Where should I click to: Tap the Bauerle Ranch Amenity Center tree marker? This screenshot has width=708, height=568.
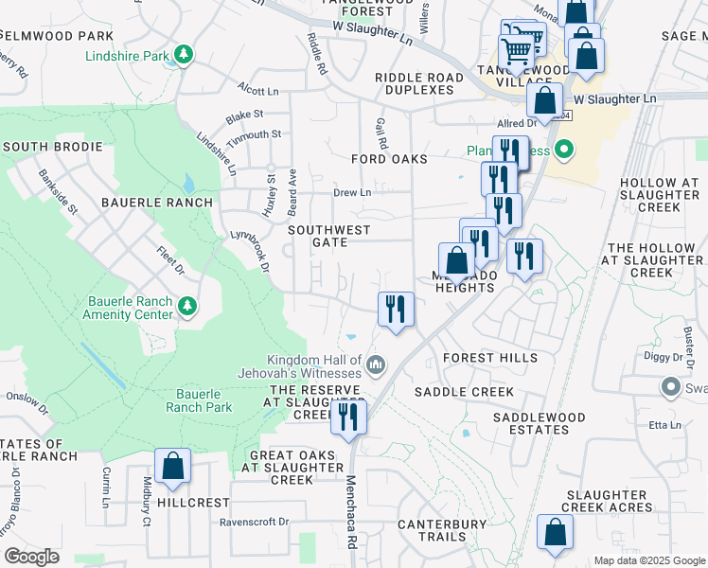tap(187, 305)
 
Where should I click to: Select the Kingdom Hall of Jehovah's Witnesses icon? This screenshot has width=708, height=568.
tap(376, 364)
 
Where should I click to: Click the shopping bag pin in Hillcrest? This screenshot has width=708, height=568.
tap(172, 467)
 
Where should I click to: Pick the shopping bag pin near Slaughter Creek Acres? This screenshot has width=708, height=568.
tap(555, 533)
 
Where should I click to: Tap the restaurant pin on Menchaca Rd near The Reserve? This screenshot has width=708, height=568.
tap(348, 417)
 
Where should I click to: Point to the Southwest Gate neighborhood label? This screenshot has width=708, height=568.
tap(329, 236)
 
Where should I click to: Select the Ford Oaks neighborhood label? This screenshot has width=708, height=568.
tap(389, 159)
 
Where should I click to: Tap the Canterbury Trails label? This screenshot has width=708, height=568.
tap(441, 530)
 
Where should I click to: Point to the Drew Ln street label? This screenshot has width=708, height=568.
tap(351, 192)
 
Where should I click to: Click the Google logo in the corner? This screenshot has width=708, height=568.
tap(31, 557)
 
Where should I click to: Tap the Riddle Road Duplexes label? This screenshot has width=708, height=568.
tap(419, 83)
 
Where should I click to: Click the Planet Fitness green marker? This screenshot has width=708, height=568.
tap(565, 149)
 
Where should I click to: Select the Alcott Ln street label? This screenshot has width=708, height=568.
tap(258, 92)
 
